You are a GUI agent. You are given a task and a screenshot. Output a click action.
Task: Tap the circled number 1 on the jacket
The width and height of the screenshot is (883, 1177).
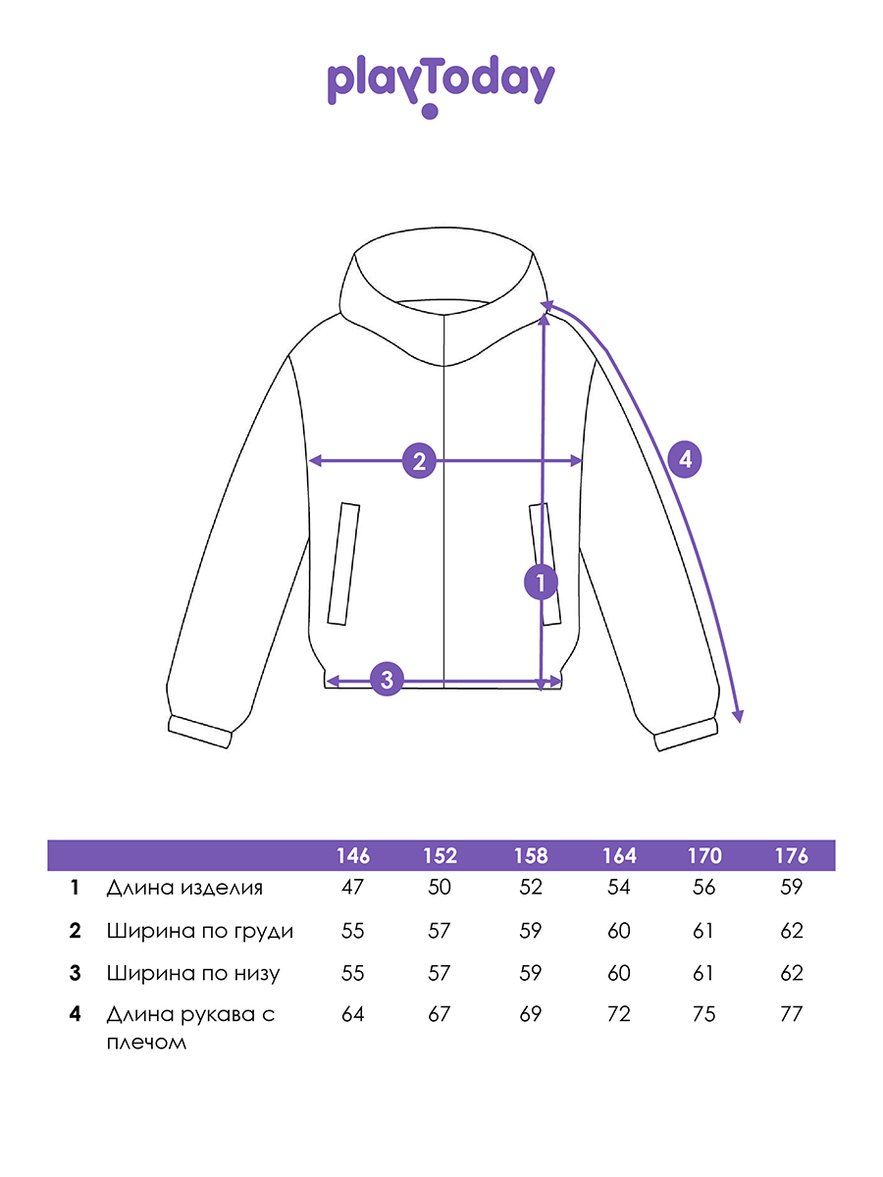[x=540, y=583]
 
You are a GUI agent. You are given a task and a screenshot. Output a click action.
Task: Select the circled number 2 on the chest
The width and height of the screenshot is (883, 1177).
[x=419, y=460]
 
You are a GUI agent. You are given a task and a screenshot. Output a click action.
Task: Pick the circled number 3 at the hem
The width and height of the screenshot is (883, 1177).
[x=387, y=678]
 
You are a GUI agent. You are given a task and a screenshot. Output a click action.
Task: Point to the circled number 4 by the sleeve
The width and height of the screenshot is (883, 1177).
[x=685, y=459]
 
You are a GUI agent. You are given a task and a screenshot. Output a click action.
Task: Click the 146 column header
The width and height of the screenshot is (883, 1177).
[x=353, y=855]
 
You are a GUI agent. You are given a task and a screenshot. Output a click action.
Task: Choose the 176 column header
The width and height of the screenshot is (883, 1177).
[x=791, y=855]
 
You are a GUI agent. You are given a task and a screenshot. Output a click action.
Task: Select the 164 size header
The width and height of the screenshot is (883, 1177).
[x=619, y=855]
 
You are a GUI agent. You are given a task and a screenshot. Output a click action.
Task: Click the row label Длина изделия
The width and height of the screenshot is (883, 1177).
[x=184, y=889]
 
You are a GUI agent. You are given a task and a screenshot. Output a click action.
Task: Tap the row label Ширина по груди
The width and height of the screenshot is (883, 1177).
[x=200, y=931]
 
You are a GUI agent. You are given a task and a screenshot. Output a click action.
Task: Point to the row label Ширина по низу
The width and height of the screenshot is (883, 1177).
[x=193, y=973]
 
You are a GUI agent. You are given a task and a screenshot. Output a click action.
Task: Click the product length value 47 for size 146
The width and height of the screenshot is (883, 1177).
[x=352, y=888]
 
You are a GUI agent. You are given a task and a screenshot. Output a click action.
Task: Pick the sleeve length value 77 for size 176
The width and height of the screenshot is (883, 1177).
[x=790, y=1014]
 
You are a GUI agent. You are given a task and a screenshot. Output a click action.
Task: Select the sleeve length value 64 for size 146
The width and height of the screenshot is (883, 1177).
[x=352, y=1014]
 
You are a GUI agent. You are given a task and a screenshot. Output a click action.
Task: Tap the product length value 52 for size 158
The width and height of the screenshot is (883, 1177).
[x=530, y=888]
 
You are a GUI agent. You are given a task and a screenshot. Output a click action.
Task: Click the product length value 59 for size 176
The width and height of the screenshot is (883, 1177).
[x=790, y=888]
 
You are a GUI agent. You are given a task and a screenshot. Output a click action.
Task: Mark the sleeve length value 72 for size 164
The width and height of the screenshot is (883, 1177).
[x=619, y=1014]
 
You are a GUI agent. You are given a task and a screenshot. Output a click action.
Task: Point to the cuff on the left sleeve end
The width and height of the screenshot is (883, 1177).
[x=200, y=732]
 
